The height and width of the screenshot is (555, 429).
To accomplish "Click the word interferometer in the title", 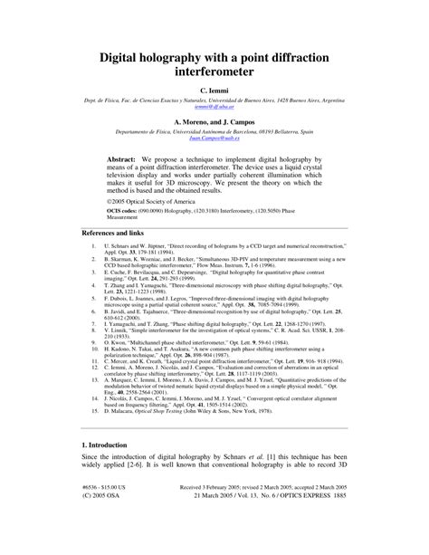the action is click(x=214, y=73).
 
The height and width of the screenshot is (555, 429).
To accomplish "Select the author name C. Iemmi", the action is click(x=214, y=91).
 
